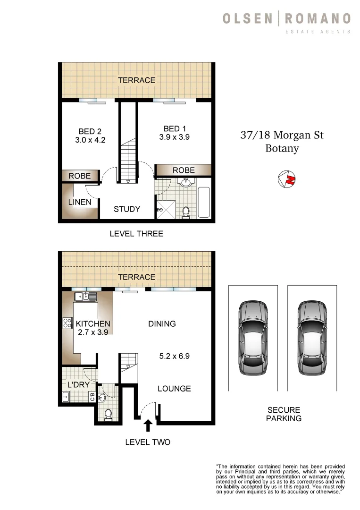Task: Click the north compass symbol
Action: coord(287,179)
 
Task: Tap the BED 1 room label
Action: coord(172,128)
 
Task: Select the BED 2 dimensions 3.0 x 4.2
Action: coord(90,140)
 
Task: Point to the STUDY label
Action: coord(127,209)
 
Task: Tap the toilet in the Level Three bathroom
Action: coord(185,212)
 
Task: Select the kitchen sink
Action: coord(85,297)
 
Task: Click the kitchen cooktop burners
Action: coord(67,323)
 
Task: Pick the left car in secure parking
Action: coord(252,338)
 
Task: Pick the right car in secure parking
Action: coord(312,338)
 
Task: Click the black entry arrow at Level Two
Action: coord(148,425)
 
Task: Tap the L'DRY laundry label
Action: coord(78,385)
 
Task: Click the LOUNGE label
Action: coord(174,389)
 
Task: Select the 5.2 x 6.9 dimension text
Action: coord(174,356)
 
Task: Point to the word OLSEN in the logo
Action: coord(247,19)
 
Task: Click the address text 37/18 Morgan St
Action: coord(282,136)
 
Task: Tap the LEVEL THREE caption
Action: coord(136,233)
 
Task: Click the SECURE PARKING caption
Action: coord(284,414)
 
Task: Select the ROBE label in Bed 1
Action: coord(184,170)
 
